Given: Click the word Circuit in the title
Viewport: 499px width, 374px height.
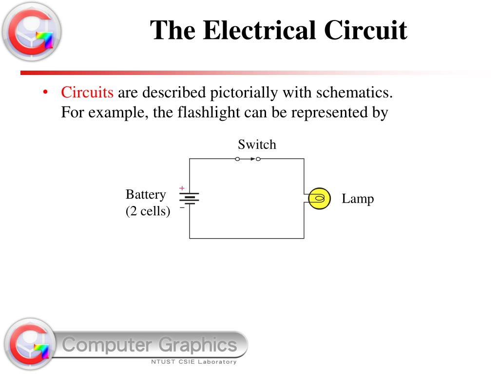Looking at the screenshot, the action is [365, 30].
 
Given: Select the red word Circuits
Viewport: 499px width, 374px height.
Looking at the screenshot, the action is [87, 92].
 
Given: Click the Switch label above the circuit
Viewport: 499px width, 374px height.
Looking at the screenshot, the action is [257, 145].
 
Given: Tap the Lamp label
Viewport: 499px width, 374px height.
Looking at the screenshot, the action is [358, 199].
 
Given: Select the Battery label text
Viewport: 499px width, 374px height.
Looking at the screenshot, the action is [146, 195].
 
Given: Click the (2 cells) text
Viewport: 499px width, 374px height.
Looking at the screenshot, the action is [148, 211].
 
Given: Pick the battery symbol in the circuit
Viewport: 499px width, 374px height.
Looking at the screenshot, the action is [190, 198].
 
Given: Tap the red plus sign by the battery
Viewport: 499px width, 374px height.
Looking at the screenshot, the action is [182, 188].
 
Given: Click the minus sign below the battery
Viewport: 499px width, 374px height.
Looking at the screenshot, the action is [182, 207].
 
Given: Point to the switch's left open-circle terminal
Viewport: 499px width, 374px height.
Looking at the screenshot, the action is [237, 159].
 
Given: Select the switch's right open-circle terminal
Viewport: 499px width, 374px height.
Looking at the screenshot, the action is [258, 159].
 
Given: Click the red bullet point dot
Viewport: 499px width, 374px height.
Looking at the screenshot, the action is [45, 93].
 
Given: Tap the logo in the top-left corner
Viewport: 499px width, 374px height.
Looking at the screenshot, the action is [31, 32].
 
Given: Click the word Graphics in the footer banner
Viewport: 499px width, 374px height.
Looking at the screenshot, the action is [197, 345].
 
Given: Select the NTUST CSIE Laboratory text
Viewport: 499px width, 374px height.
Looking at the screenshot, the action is [193, 362].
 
